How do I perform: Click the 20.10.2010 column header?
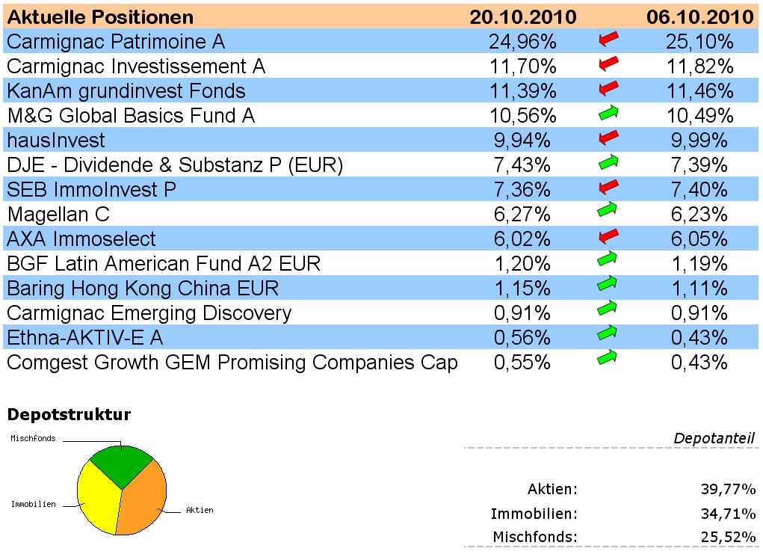[x=522, y=16]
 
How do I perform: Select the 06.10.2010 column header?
[x=699, y=16]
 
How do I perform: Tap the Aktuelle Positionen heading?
[x=100, y=16]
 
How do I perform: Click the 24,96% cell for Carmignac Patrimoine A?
[x=522, y=41]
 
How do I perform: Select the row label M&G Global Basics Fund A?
[x=131, y=115]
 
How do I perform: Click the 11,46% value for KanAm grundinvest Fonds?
[x=699, y=91]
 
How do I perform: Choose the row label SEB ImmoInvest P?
[x=92, y=190]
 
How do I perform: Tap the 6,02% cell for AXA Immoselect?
[x=522, y=239]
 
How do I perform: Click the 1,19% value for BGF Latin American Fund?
[x=699, y=264]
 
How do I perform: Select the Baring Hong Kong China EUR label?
[x=143, y=289]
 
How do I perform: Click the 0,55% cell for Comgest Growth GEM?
[x=522, y=363]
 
